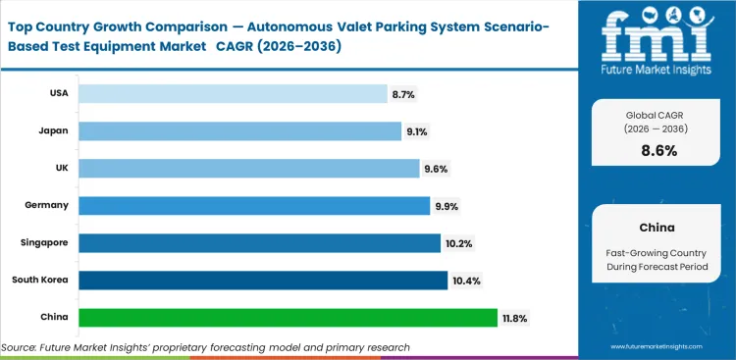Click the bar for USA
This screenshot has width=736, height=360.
tap(233, 93)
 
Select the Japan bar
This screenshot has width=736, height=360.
tap(237, 130)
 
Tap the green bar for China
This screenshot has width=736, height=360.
tap(288, 317)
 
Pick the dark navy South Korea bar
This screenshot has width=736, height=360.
tap(262, 280)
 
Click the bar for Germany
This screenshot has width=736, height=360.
tap(254, 205)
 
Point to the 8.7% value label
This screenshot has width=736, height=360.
tap(403, 93)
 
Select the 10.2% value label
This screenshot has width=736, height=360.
tap(459, 242)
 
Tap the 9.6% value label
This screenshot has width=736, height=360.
tap(436, 168)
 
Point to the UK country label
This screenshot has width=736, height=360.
tap(61, 168)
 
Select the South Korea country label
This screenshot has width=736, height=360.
tap(41, 280)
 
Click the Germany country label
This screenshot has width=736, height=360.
tap(47, 205)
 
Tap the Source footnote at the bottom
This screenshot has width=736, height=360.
tap(205, 347)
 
